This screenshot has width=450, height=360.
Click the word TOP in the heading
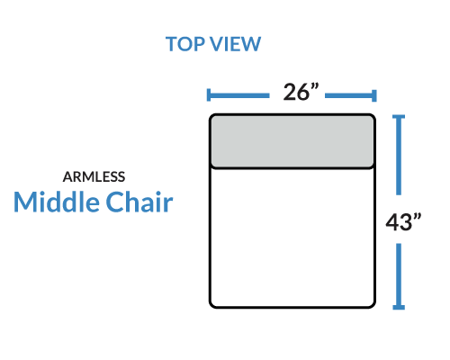(x=185, y=44)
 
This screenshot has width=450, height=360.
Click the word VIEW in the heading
(x=236, y=44)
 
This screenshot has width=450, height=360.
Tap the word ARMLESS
(x=94, y=177)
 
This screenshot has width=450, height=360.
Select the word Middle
(x=57, y=202)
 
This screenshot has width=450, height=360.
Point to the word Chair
(x=139, y=202)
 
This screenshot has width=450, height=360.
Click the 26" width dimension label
(x=301, y=92)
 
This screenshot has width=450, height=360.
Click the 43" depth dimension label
(x=403, y=221)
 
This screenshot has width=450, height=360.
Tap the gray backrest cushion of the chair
(x=292, y=141)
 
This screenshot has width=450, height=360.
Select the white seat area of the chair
(x=292, y=238)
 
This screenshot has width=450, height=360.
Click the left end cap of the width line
(x=209, y=95)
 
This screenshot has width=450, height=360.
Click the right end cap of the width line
(x=374, y=95)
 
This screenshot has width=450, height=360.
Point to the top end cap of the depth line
(x=399, y=117)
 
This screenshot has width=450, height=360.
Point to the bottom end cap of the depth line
(x=399, y=307)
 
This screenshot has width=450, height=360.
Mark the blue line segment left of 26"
(x=239, y=95)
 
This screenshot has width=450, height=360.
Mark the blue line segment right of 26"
(x=350, y=95)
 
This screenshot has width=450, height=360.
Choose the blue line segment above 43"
(x=399, y=156)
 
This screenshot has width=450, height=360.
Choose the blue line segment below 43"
(x=399, y=275)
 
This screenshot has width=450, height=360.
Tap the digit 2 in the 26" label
(x=290, y=92)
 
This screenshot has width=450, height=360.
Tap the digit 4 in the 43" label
(x=392, y=222)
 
